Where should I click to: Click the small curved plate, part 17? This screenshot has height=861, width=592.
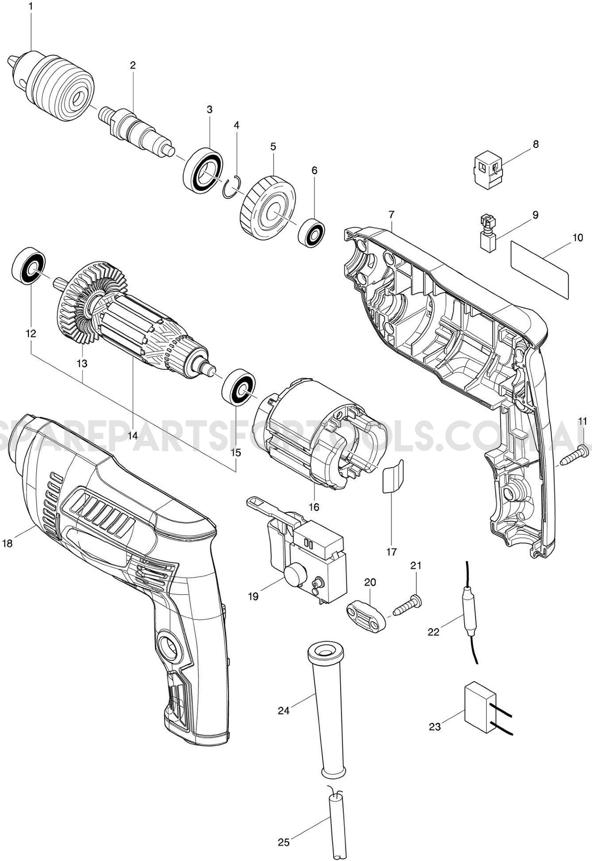(x=392, y=477)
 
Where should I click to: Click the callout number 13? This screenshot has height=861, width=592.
(x=81, y=364)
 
